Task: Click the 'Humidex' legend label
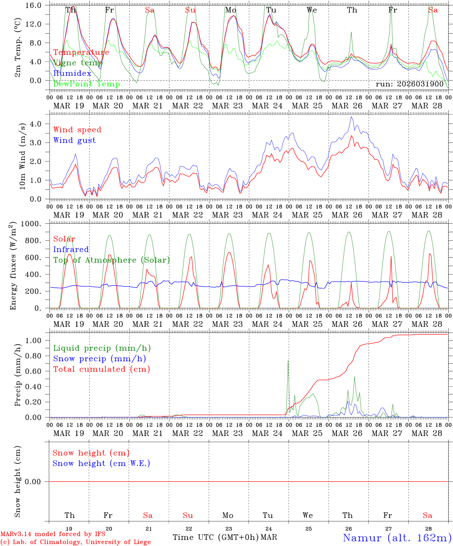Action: click(x=72, y=74)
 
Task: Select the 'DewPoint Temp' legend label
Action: click(x=87, y=84)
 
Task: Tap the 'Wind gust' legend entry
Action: click(x=74, y=141)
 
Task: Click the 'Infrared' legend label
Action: click(x=71, y=250)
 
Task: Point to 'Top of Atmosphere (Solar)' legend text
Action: click(x=111, y=260)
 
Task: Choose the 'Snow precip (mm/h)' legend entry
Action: click(x=99, y=359)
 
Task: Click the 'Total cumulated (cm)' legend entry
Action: click(x=101, y=369)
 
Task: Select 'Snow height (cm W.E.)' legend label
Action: click(x=101, y=463)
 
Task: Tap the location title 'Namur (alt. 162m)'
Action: click(x=397, y=538)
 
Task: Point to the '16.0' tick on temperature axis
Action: click(x=35, y=6)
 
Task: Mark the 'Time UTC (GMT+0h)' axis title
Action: click(x=215, y=537)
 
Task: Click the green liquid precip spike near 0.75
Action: click(x=288, y=361)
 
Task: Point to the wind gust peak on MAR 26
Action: click(x=352, y=117)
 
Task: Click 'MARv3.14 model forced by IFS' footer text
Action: click(x=53, y=534)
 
